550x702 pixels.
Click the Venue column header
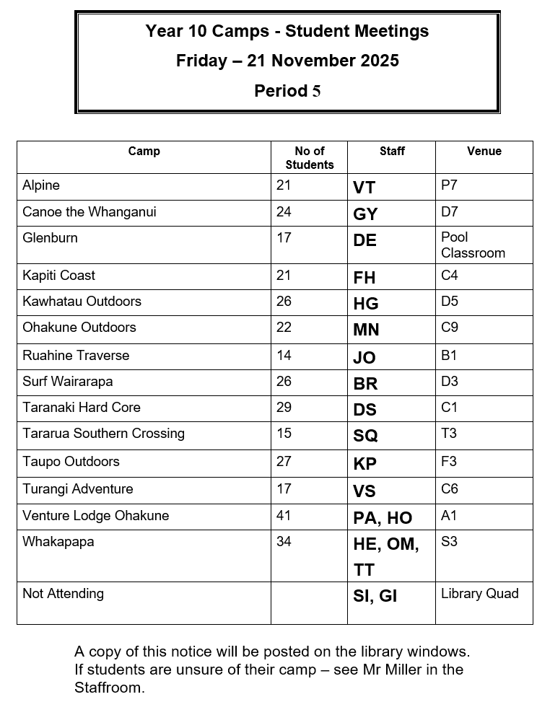(x=484, y=151)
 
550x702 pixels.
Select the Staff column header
(x=392, y=151)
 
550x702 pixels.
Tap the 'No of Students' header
(x=310, y=158)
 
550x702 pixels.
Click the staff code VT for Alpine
(x=365, y=188)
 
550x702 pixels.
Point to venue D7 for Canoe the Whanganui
(x=450, y=211)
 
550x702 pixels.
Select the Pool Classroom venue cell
(x=473, y=245)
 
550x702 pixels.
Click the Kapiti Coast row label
(x=58, y=276)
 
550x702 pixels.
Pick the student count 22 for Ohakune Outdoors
(x=284, y=327)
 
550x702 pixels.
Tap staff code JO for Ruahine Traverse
(x=365, y=358)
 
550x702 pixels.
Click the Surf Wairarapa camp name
(x=67, y=381)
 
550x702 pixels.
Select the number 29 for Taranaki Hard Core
(x=284, y=407)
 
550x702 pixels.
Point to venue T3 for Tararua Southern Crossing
(x=449, y=433)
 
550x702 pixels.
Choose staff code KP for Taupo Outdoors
(x=365, y=464)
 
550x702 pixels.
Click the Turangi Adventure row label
(x=77, y=488)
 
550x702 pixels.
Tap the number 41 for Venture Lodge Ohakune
(x=284, y=516)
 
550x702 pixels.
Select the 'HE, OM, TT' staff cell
(x=385, y=556)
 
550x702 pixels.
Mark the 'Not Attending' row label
(x=63, y=593)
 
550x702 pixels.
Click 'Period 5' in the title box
(x=287, y=91)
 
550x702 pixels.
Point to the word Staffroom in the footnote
(x=110, y=687)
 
